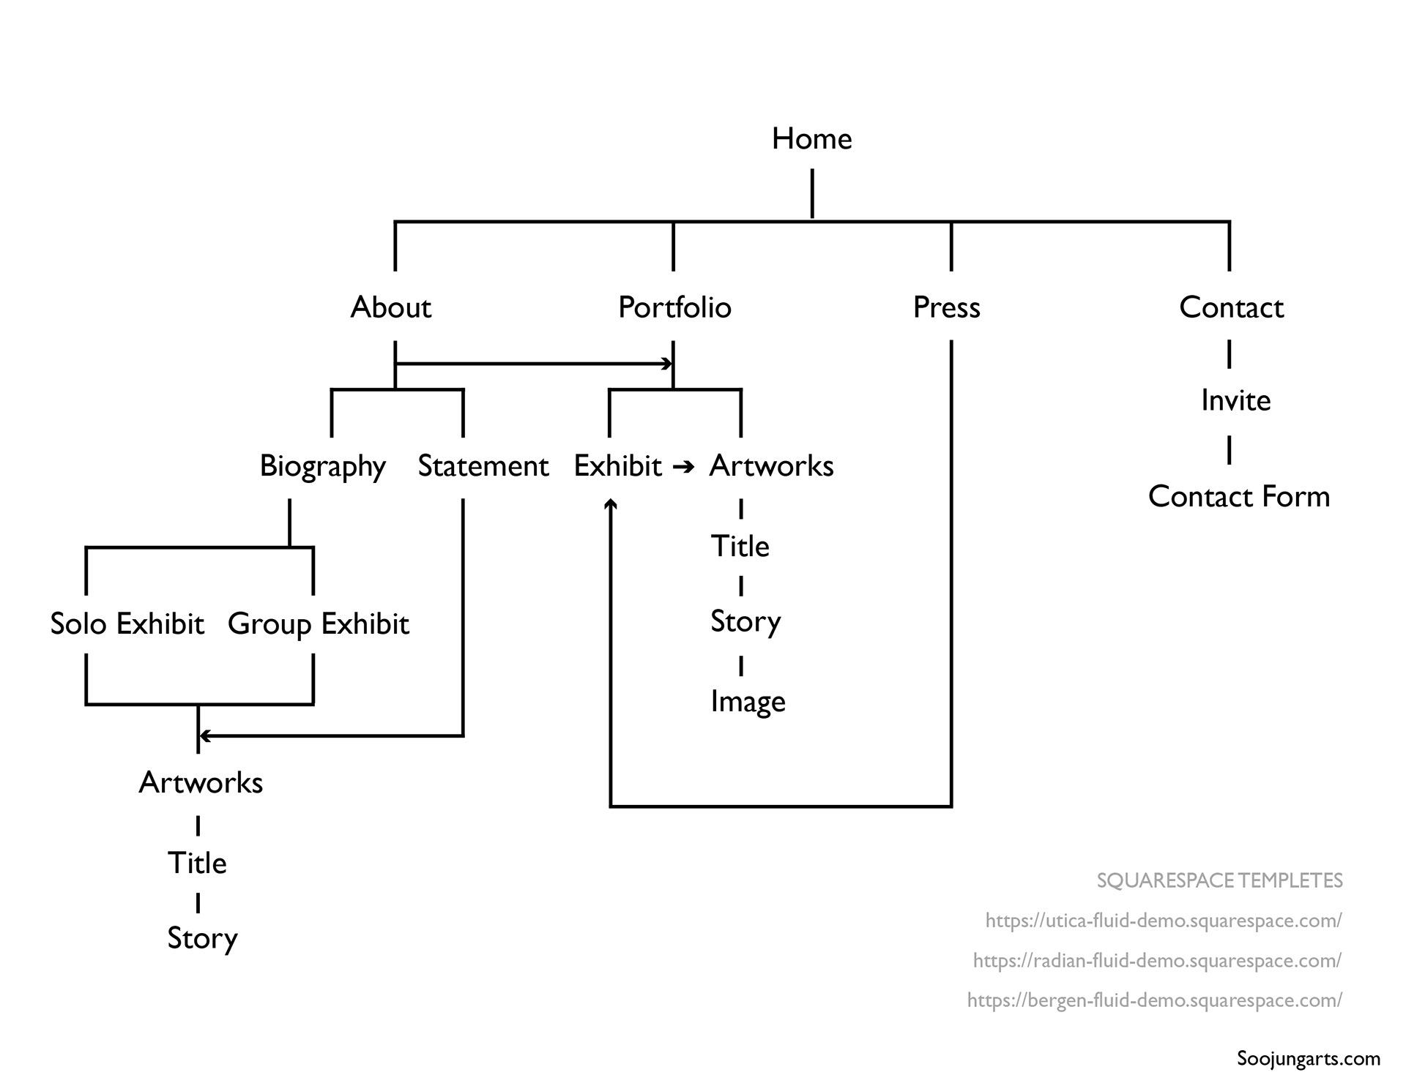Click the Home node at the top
(811, 139)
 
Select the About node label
(390, 307)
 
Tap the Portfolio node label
(674, 307)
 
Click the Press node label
(946, 307)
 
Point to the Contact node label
(1231, 307)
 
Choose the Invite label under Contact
(1235, 400)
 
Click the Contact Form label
(1238, 496)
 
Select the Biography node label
(322, 466)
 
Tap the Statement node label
(483, 466)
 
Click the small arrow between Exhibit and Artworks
(683, 466)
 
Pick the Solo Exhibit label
(127, 624)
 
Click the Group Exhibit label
(318, 624)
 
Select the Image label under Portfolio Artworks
(748, 702)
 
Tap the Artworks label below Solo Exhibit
(201, 783)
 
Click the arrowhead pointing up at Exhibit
(611, 503)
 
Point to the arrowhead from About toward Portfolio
(666, 364)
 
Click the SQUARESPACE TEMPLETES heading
(1219, 880)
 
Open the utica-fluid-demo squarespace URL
(1163, 921)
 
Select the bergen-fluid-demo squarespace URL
(1154, 1000)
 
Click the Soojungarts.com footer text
(1308, 1058)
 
